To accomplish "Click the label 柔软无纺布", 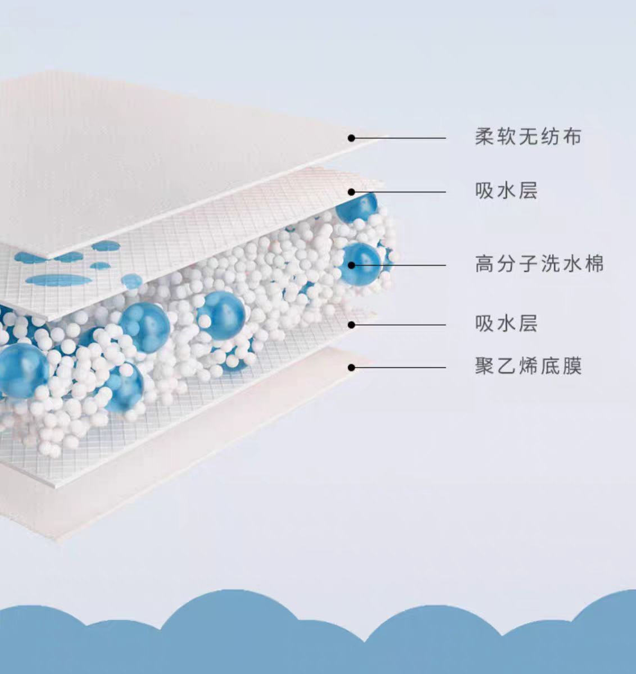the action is pyautogui.click(x=528, y=136).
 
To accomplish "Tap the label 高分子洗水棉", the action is pyautogui.click(x=539, y=263).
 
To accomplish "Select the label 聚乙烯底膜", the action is pyautogui.click(x=528, y=366).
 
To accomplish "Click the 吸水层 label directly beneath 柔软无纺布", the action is pyautogui.click(x=506, y=191).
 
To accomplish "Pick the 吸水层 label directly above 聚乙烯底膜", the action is pyautogui.click(x=506, y=324).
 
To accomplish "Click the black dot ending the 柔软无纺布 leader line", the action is pyautogui.click(x=351, y=138).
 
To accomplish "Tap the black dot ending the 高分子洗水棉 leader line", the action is pyautogui.click(x=351, y=265).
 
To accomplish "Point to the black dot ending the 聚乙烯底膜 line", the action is pyautogui.click(x=351, y=368).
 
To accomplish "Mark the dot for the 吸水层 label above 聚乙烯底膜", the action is pyautogui.click(x=351, y=325).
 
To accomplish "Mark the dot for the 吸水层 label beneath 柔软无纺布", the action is pyautogui.click(x=351, y=192).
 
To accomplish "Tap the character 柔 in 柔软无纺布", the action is pyautogui.click(x=484, y=136).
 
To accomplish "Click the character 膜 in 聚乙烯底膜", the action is pyautogui.click(x=572, y=366).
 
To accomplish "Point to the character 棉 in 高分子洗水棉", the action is pyautogui.click(x=594, y=263).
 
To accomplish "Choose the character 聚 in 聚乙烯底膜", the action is pyautogui.click(x=484, y=366).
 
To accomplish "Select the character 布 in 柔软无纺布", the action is pyautogui.click(x=572, y=136).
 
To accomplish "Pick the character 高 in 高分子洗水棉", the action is pyautogui.click(x=484, y=263).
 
